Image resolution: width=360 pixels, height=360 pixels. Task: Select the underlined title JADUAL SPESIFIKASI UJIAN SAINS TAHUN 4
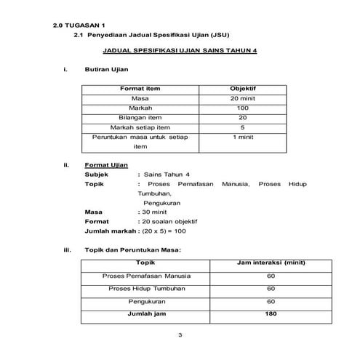pyautogui.click(x=180, y=52)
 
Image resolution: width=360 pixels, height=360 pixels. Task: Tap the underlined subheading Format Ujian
pyautogui.click(x=106, y=165)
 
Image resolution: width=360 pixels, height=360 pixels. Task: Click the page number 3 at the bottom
pyautogui.click(x=180, y=335)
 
